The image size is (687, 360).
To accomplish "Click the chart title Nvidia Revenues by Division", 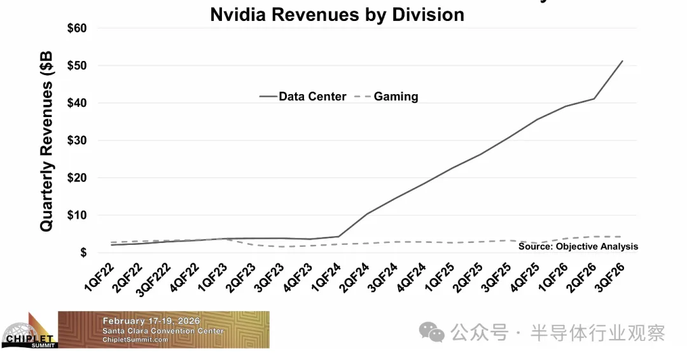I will pos(337,14).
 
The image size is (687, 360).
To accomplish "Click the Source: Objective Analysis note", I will pos(578,247).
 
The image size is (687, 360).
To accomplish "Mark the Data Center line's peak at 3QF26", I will pos(622,61).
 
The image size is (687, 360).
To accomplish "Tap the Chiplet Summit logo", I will pos(29,331).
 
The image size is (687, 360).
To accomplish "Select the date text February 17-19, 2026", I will pos(151,321).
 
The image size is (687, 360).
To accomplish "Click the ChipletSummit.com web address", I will pos(135,340).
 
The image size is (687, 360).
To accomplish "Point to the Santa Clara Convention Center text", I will pos(163,331).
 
